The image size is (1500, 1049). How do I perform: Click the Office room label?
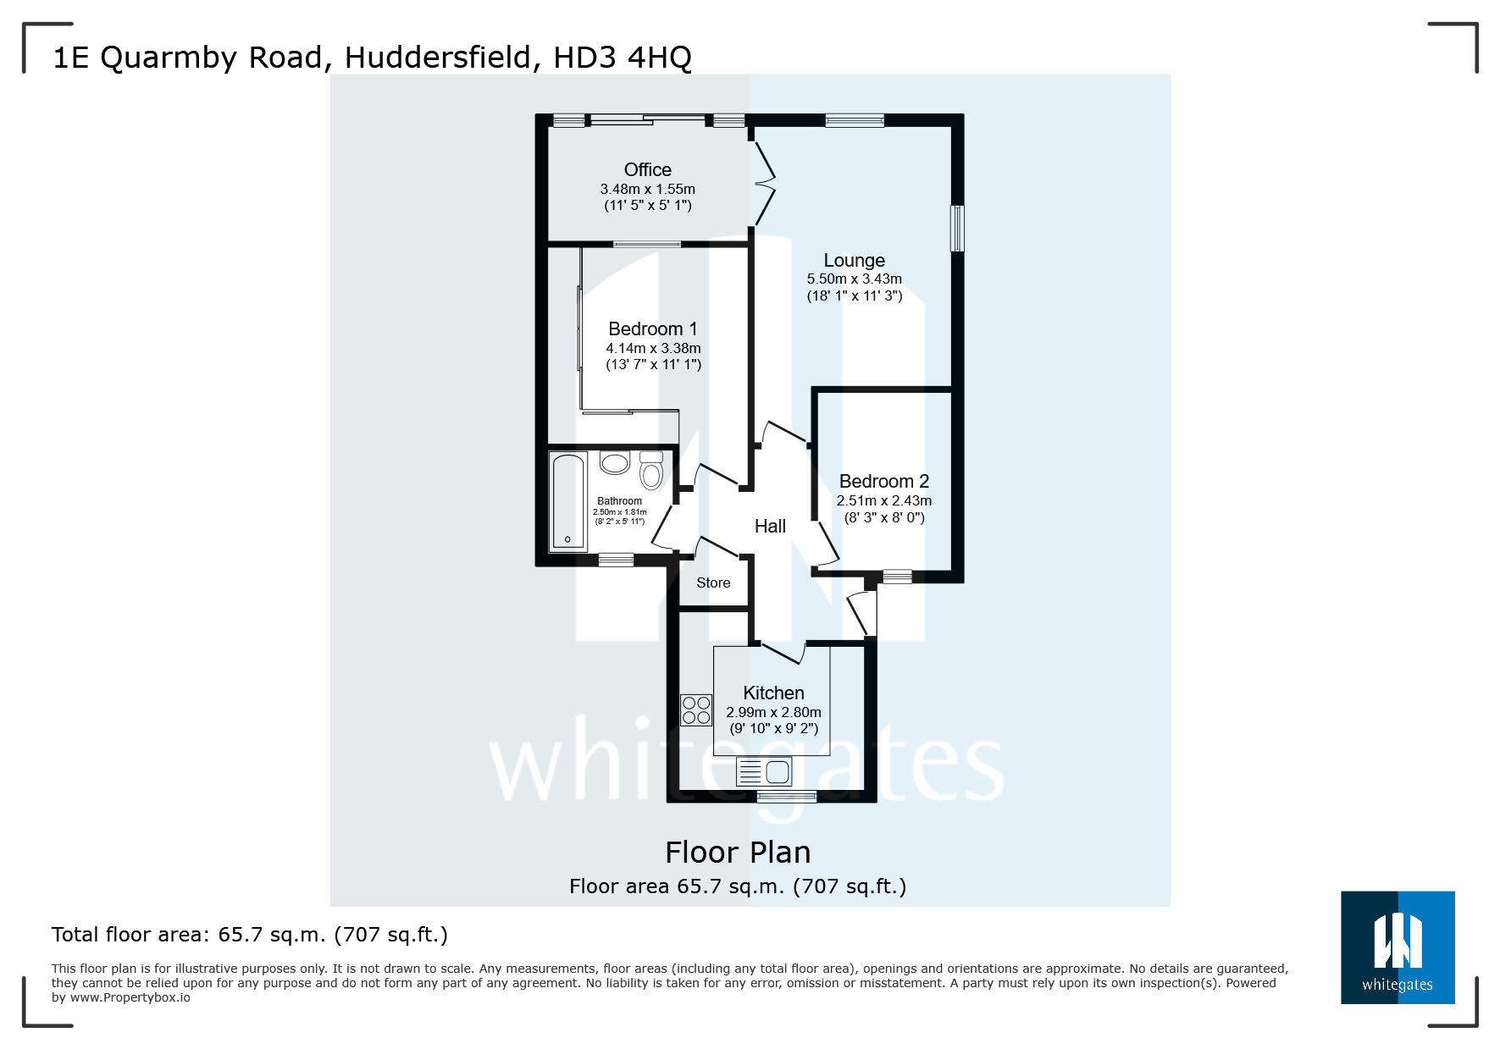[x=647, y=170]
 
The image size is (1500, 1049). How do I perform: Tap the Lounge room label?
[x=854, y=261]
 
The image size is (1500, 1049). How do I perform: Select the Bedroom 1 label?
[x=652, y=329]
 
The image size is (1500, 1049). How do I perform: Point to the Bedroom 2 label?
[x=883, y=482]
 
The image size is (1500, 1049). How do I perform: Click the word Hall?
[x=770, y=527]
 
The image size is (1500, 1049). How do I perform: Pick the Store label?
[x=713, y=583]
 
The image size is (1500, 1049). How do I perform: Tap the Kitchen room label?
[x=773, y=693]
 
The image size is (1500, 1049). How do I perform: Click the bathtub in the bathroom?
[x=567, y=501]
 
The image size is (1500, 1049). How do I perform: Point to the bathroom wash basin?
[x=615, y=462]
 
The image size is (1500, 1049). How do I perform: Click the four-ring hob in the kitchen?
[x=696, y=710]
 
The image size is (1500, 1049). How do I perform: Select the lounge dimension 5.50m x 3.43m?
[x=854, y=279]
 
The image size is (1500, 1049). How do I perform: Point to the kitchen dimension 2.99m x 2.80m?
[x=773, y=713]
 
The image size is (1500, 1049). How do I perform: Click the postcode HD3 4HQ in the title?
[x=623, y=58]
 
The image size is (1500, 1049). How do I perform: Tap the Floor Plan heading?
[x=738, y=853]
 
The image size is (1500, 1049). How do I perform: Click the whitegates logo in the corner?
[x=1398, y=947]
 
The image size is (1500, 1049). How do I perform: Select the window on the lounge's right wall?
[x=957, y=228]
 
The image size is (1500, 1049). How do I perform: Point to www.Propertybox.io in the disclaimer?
[x=130, y=998]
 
